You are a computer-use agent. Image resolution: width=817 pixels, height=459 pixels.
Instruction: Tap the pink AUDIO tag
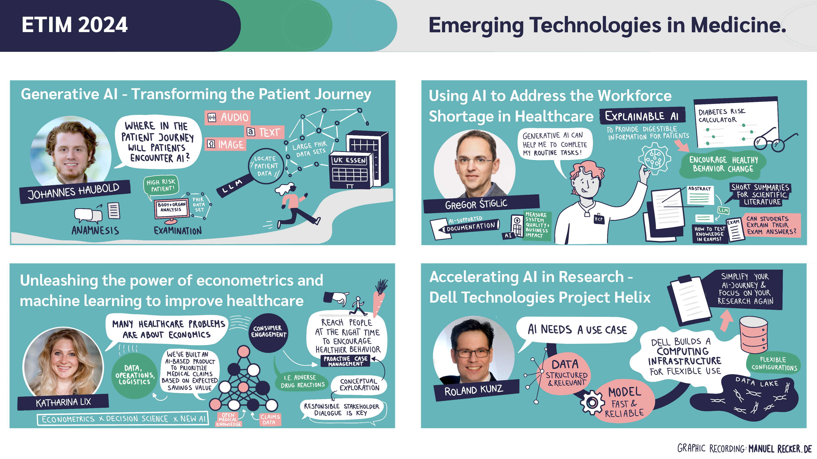click(228, 117)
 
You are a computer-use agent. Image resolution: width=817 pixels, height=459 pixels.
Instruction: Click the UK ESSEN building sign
click(349, 160)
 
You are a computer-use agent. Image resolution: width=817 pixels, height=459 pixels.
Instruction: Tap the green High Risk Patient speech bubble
click(161, 186)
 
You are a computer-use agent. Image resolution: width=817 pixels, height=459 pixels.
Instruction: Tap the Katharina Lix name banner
click(63, 402)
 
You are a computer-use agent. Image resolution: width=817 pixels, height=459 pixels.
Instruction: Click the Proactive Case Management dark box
click(345, 361)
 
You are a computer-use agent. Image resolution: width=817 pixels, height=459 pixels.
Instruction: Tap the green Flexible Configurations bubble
click(774, 363)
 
